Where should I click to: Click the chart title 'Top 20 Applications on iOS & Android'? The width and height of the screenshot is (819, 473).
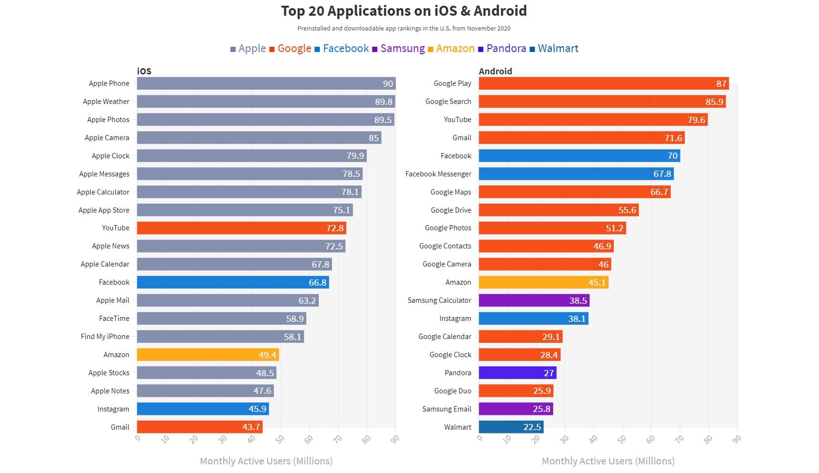404,11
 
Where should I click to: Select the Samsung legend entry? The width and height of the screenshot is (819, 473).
398,49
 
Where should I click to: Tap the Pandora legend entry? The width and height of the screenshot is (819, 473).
502,49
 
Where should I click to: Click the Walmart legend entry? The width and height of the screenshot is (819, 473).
554,49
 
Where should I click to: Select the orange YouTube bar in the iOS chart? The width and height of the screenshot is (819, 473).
241,228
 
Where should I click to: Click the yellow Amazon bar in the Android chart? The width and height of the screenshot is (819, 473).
543,282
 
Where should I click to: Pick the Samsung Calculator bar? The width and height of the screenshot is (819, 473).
534,300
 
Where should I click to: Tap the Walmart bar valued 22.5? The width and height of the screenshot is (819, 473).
511,427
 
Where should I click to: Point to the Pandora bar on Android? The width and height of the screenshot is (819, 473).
517,373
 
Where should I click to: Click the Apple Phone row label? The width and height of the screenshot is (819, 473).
109,83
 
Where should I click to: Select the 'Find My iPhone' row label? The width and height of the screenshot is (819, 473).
105,337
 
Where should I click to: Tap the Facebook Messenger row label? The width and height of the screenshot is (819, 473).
438,174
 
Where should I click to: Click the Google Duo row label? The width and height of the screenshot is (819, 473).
452,391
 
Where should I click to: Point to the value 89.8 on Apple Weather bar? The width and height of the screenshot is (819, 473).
384,102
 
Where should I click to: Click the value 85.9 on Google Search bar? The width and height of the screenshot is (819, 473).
714,102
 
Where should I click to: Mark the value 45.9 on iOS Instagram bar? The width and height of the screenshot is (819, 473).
257,409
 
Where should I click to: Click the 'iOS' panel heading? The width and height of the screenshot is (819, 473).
144,71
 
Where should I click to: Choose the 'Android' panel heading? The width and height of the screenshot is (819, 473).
495,71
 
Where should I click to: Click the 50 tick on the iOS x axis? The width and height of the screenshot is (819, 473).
280,439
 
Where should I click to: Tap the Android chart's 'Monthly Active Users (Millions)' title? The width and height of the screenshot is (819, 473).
608,461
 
